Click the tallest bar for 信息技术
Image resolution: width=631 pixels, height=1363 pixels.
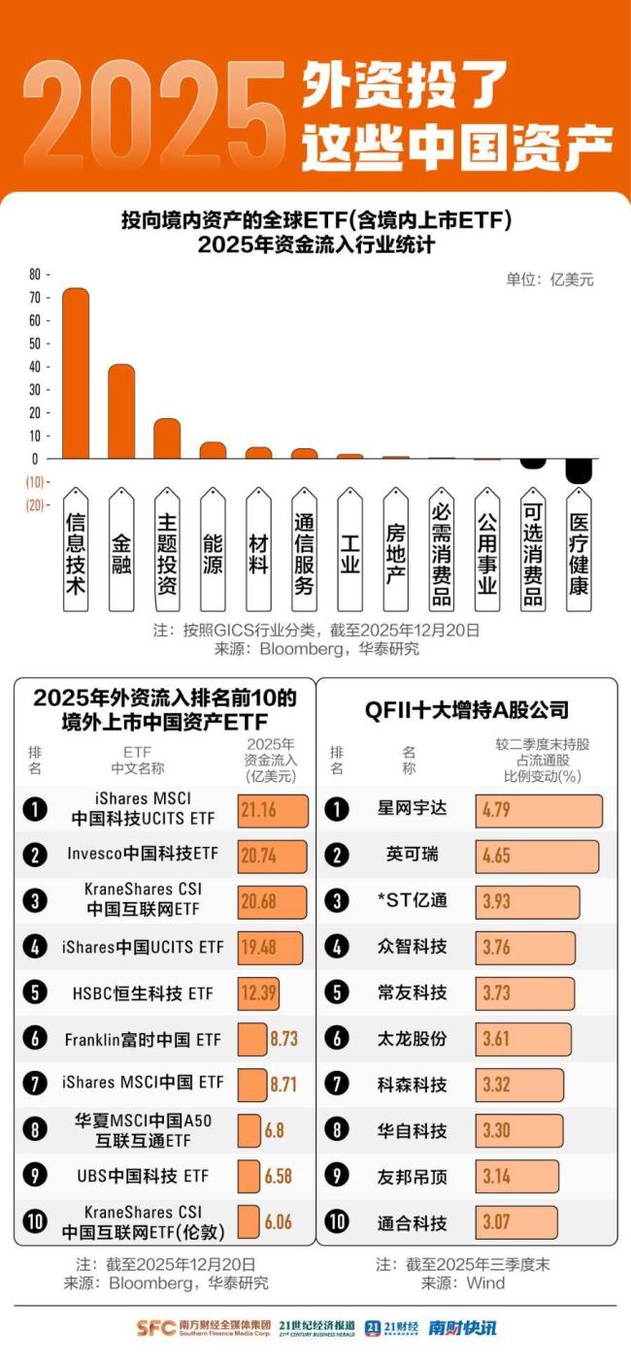pyautogui.click(x=76, y=373)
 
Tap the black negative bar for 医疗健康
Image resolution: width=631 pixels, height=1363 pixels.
pyautogui.click(x=579, y=471)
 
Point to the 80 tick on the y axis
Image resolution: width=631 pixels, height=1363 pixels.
pyautogui.click(x=34, y=275)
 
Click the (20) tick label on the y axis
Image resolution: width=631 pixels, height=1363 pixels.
pyautogui.click(x=34, y=504)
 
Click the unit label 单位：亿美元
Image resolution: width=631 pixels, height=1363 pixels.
pyautogui.click(x=549, y=279)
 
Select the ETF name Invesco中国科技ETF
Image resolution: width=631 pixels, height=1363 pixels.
pyautogui.click(x=143, y=855)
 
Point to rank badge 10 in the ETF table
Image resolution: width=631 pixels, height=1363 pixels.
pyautogui.click(x=34, y=1221)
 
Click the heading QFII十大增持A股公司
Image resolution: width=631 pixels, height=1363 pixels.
pyautogui.click(x=466, y=709)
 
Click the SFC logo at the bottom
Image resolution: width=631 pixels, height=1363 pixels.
pyautogui.click(x=155, y=1328)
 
